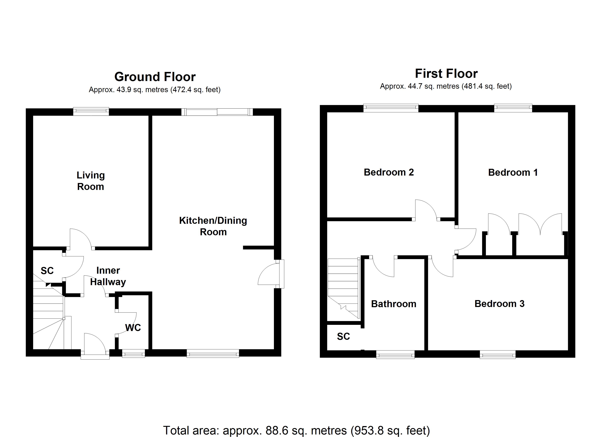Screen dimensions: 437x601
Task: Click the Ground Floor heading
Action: [155, 77]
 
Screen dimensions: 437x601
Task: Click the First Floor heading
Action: [446, 74]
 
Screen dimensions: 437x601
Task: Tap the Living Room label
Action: [91, 181]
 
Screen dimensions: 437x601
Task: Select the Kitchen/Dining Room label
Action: [213, 226]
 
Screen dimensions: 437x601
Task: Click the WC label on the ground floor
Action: [133, 328]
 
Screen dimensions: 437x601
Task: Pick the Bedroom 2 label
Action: [389, 172]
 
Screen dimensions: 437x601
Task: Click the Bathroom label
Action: [394, 304]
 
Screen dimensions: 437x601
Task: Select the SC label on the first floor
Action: [343, 336]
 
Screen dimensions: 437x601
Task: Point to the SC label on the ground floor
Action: [47, 271]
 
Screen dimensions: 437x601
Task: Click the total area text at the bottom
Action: [296, 430]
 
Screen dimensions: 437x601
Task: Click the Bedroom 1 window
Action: [513, 108]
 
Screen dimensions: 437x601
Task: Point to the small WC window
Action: [133, 354]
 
